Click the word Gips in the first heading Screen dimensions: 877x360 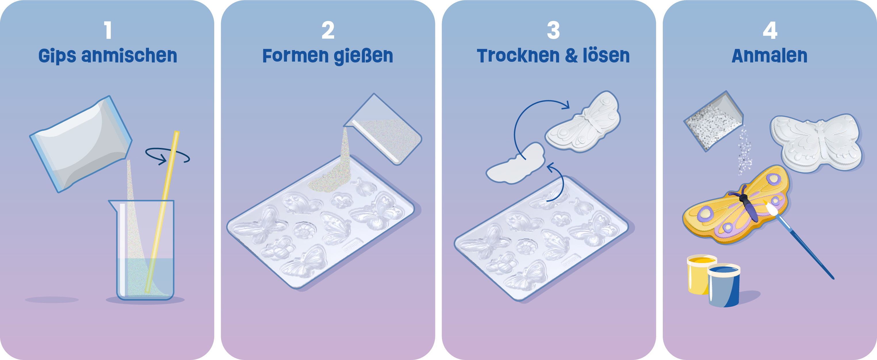point(57,56)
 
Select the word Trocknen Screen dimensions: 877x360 point(518,56)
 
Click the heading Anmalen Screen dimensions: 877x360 point(769,56)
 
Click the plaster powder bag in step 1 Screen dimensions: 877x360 point(81,143)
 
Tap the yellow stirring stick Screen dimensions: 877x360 point(162,212)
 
